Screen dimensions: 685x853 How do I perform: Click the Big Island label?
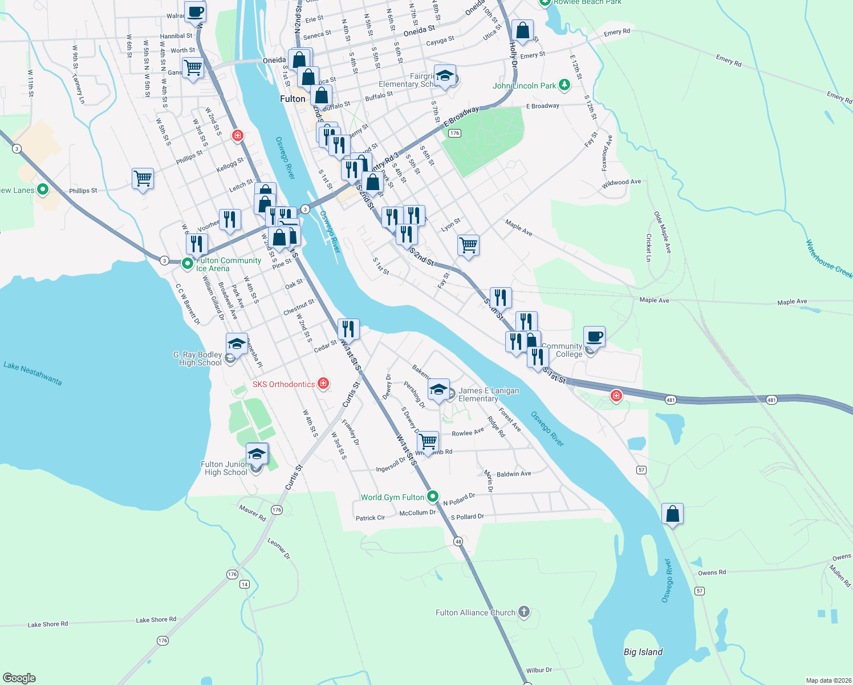[643, 652]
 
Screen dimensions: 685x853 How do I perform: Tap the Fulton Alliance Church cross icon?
[523, 613]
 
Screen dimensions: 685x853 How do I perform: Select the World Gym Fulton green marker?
[433, 497]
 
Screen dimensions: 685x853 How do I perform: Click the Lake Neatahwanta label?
[33, 373]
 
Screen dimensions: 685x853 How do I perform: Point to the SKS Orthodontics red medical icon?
[323, 384]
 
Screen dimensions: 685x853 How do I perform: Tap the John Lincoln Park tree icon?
[564, 85]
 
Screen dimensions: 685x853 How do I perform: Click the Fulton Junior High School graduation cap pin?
[257, 454]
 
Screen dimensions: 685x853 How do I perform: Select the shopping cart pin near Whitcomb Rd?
[428, 442]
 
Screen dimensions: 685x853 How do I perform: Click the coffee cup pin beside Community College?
[594, 337]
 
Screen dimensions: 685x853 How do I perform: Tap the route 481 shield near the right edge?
[771, 400]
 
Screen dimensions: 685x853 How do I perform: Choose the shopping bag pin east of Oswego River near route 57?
[672, 514]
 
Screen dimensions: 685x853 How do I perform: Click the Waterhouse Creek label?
[828, 259]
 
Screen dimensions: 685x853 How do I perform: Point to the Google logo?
[19, 678]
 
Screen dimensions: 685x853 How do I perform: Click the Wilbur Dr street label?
[539, 670]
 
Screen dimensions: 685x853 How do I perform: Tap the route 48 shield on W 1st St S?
[458, 541]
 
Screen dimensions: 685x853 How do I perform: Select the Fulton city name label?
[293, 99]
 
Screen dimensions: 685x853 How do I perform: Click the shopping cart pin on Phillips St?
[143, 179]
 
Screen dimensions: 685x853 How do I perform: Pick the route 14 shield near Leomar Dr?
[245, 584]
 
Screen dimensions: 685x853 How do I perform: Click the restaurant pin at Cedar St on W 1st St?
[348, 329]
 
